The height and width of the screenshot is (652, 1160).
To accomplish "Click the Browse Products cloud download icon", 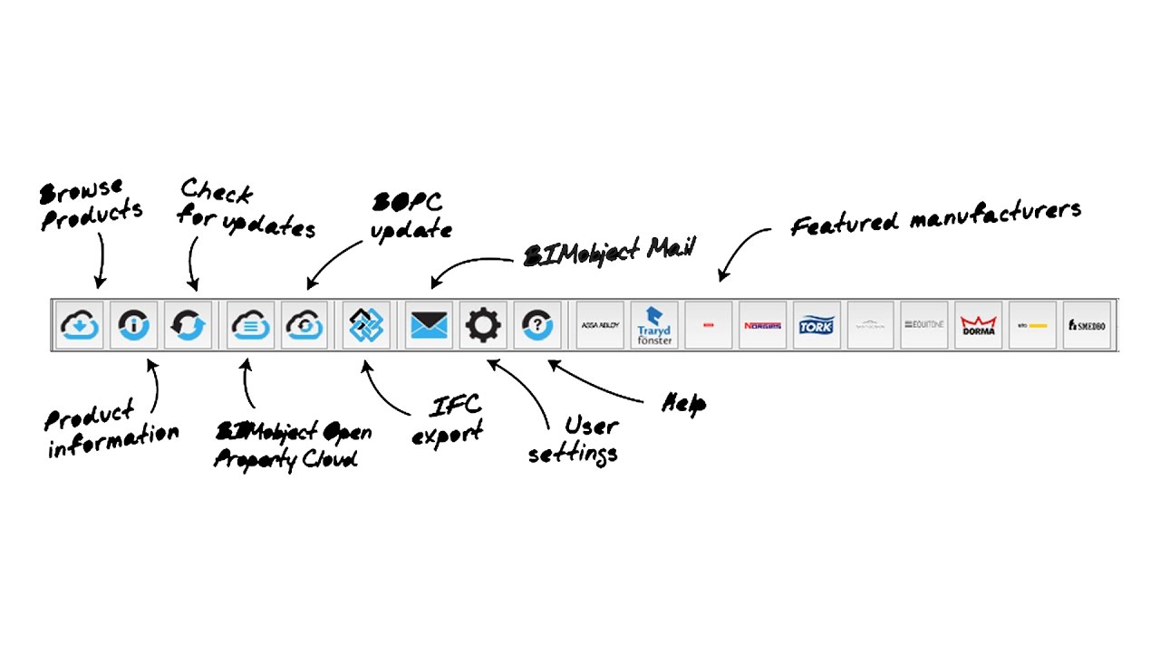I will click(80, 325).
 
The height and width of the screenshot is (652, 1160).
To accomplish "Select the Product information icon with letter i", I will click(133, 325).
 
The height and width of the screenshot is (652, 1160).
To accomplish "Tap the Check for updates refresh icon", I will click(188, 325).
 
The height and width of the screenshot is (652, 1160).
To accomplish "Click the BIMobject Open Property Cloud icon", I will click(250, 325).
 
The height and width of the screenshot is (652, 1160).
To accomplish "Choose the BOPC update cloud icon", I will click(304, 325).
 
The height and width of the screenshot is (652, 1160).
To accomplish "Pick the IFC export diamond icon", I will click(366, 325).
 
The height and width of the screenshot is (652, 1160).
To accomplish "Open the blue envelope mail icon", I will click(429, 325).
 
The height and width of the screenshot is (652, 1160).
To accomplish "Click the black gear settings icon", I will click(482, 325).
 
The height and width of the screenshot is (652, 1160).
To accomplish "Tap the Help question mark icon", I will click(536, 325).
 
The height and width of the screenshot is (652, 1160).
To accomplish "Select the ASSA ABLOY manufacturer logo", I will click(599, 325).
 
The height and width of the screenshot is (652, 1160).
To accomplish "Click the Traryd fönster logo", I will click(653, 325).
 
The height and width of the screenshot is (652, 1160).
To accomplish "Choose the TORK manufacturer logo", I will click(817, 325).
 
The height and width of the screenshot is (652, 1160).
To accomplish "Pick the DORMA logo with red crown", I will click(978, 325).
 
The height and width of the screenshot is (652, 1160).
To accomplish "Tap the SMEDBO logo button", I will click(1087, 325).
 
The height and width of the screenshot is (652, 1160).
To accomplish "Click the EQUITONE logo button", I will click(924, 325).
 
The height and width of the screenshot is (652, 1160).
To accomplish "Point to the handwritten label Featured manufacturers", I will click(935, 218).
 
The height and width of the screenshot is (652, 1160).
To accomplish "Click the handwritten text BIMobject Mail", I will click(609, 252).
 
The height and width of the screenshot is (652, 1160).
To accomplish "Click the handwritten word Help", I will click(684, 403).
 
